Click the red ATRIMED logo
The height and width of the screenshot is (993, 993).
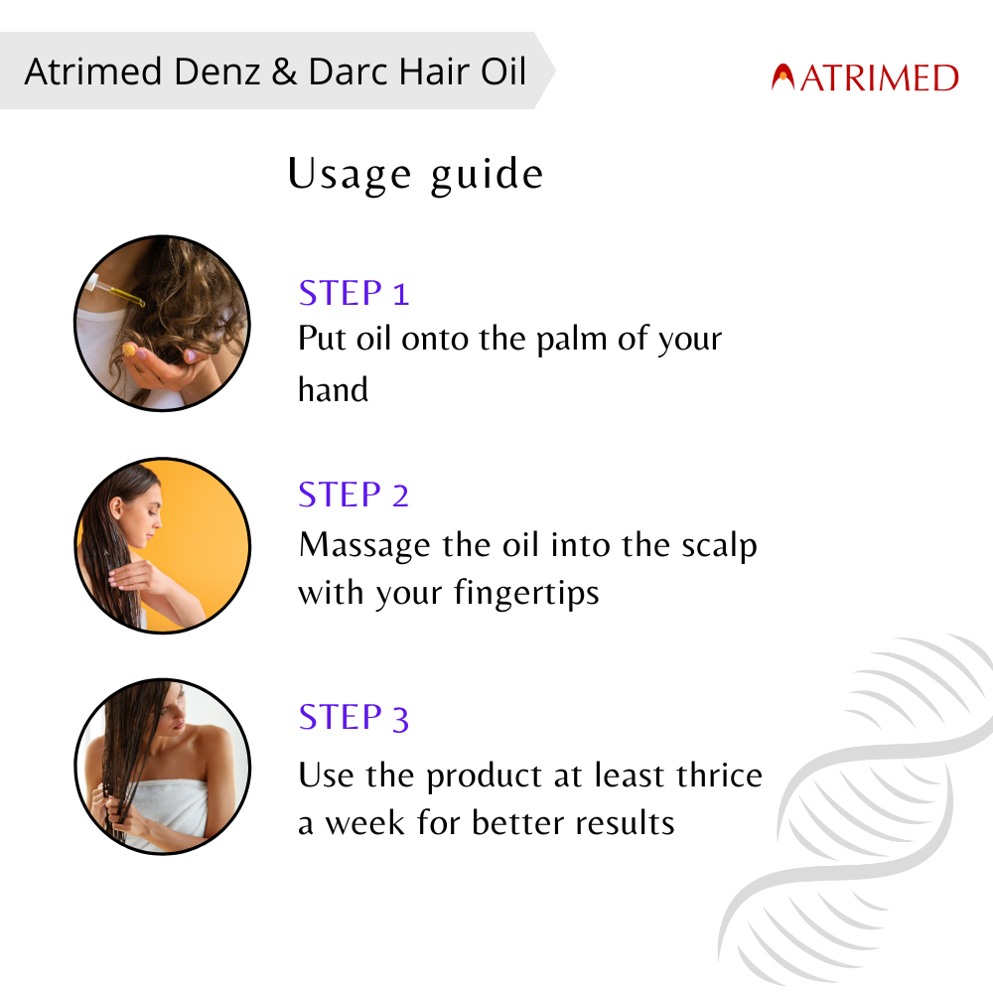pos(865,77)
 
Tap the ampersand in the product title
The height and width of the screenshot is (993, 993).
pos(284,71)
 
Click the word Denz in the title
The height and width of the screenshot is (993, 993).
pos(216,71)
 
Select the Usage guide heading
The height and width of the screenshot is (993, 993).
pos(415,174)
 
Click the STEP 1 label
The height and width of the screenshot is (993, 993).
pos(354,293)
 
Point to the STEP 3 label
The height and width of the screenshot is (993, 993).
pos(354,717)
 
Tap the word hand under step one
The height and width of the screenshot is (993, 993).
pos(333,389)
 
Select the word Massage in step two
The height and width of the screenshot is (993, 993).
pos(364,545)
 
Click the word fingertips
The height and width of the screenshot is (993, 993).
pos(526,594)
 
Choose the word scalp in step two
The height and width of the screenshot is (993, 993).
pos(719,545)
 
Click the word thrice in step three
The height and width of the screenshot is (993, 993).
pos(719,775)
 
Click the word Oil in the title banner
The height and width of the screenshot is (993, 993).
pos(503,71)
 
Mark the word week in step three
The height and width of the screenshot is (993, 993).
pos(364,822)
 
